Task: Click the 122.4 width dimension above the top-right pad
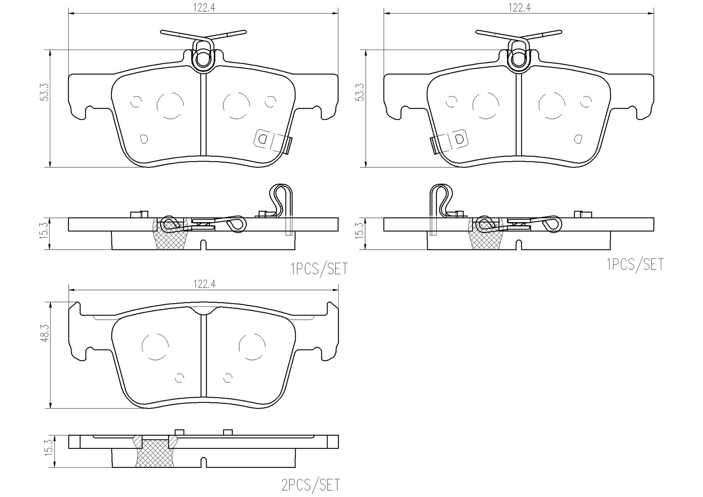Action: pos(519,8)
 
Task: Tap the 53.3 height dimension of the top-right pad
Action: pos(361,93)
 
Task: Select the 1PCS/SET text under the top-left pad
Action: pos(319,269)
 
